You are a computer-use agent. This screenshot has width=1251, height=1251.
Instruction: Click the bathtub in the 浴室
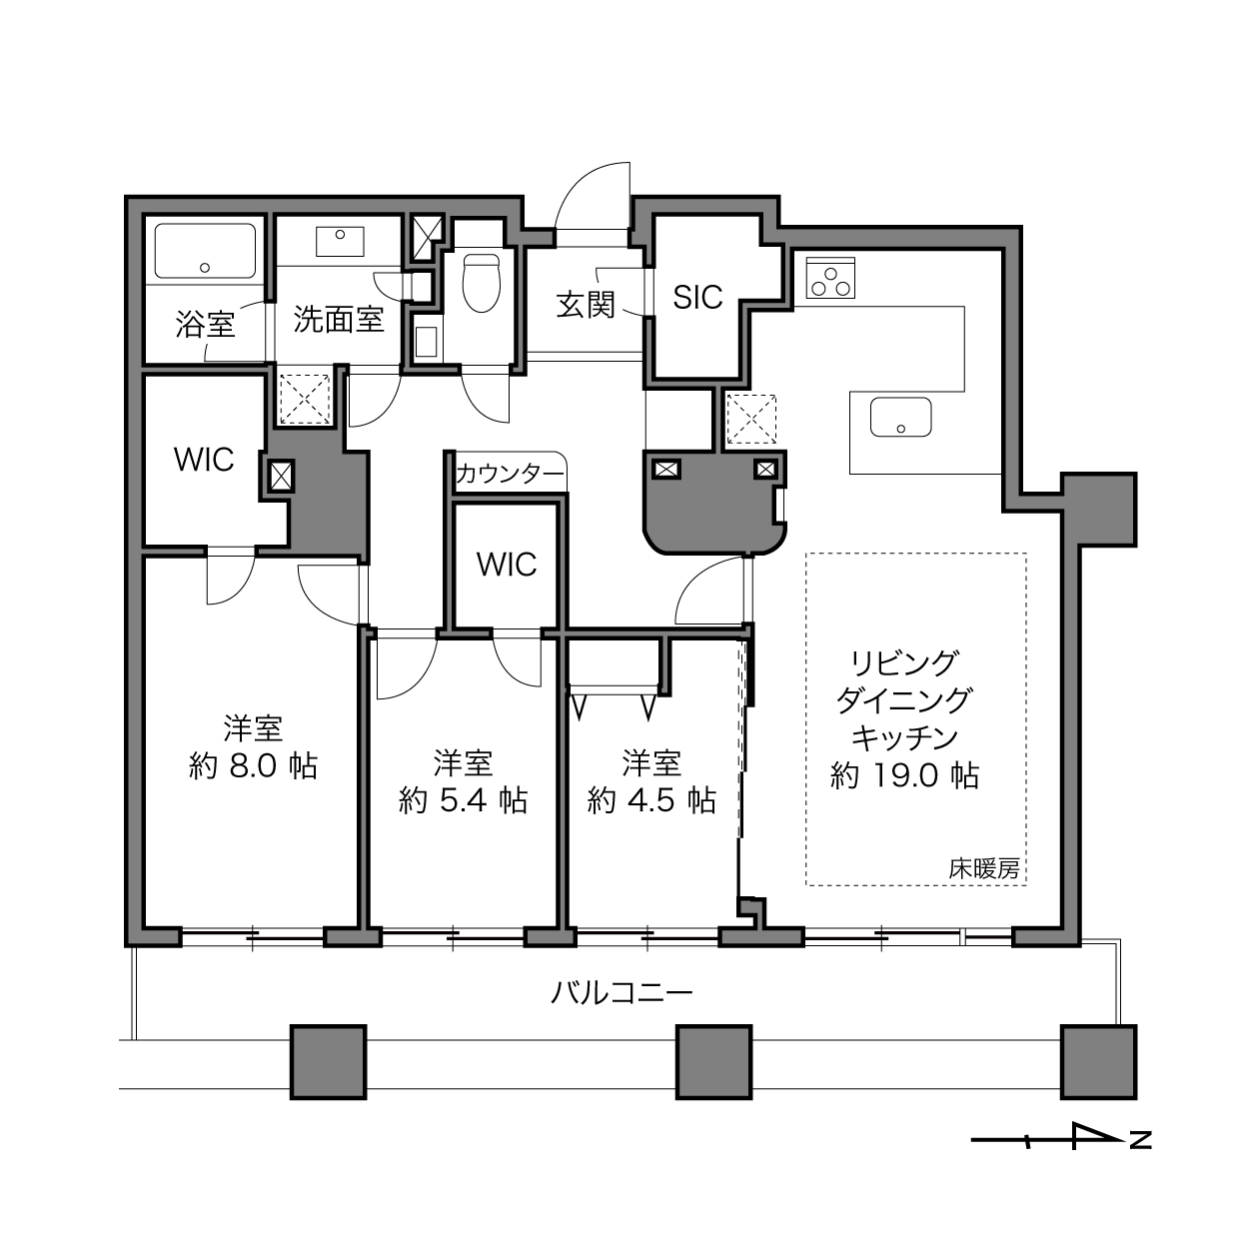coord(205,251)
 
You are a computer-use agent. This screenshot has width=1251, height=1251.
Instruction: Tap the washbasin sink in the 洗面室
coord(340,241)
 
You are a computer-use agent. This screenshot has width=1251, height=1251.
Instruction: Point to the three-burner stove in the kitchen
coord(830,278)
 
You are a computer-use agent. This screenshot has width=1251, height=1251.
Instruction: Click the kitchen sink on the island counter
coord(900,417)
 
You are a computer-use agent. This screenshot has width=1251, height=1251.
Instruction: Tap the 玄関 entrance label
coord(586,305)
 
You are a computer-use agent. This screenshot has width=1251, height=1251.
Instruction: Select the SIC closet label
coord(697,298)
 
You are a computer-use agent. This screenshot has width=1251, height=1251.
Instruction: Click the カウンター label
coord(510,475)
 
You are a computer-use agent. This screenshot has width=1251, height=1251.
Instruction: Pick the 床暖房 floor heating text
coord(984,868)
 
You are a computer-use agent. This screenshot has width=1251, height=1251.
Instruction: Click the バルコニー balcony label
coord(622,993)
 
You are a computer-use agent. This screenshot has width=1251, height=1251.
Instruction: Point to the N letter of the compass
coord(1141,1140)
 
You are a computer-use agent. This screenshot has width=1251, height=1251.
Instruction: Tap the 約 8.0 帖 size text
coord(253,766)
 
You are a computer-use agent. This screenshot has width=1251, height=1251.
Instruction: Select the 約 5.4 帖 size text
coord(463,801)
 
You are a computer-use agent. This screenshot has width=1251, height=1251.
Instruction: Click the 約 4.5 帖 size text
coord(651,801)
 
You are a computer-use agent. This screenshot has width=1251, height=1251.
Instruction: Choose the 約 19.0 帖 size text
coord(905,775)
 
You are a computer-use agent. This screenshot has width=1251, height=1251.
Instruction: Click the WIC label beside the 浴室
coord(204,460)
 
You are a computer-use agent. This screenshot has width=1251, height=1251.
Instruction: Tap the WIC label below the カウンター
coord(507,565)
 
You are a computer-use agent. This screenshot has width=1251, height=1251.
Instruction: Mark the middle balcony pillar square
coord(714,1062)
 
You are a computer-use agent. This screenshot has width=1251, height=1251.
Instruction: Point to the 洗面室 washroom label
coord(339,320)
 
